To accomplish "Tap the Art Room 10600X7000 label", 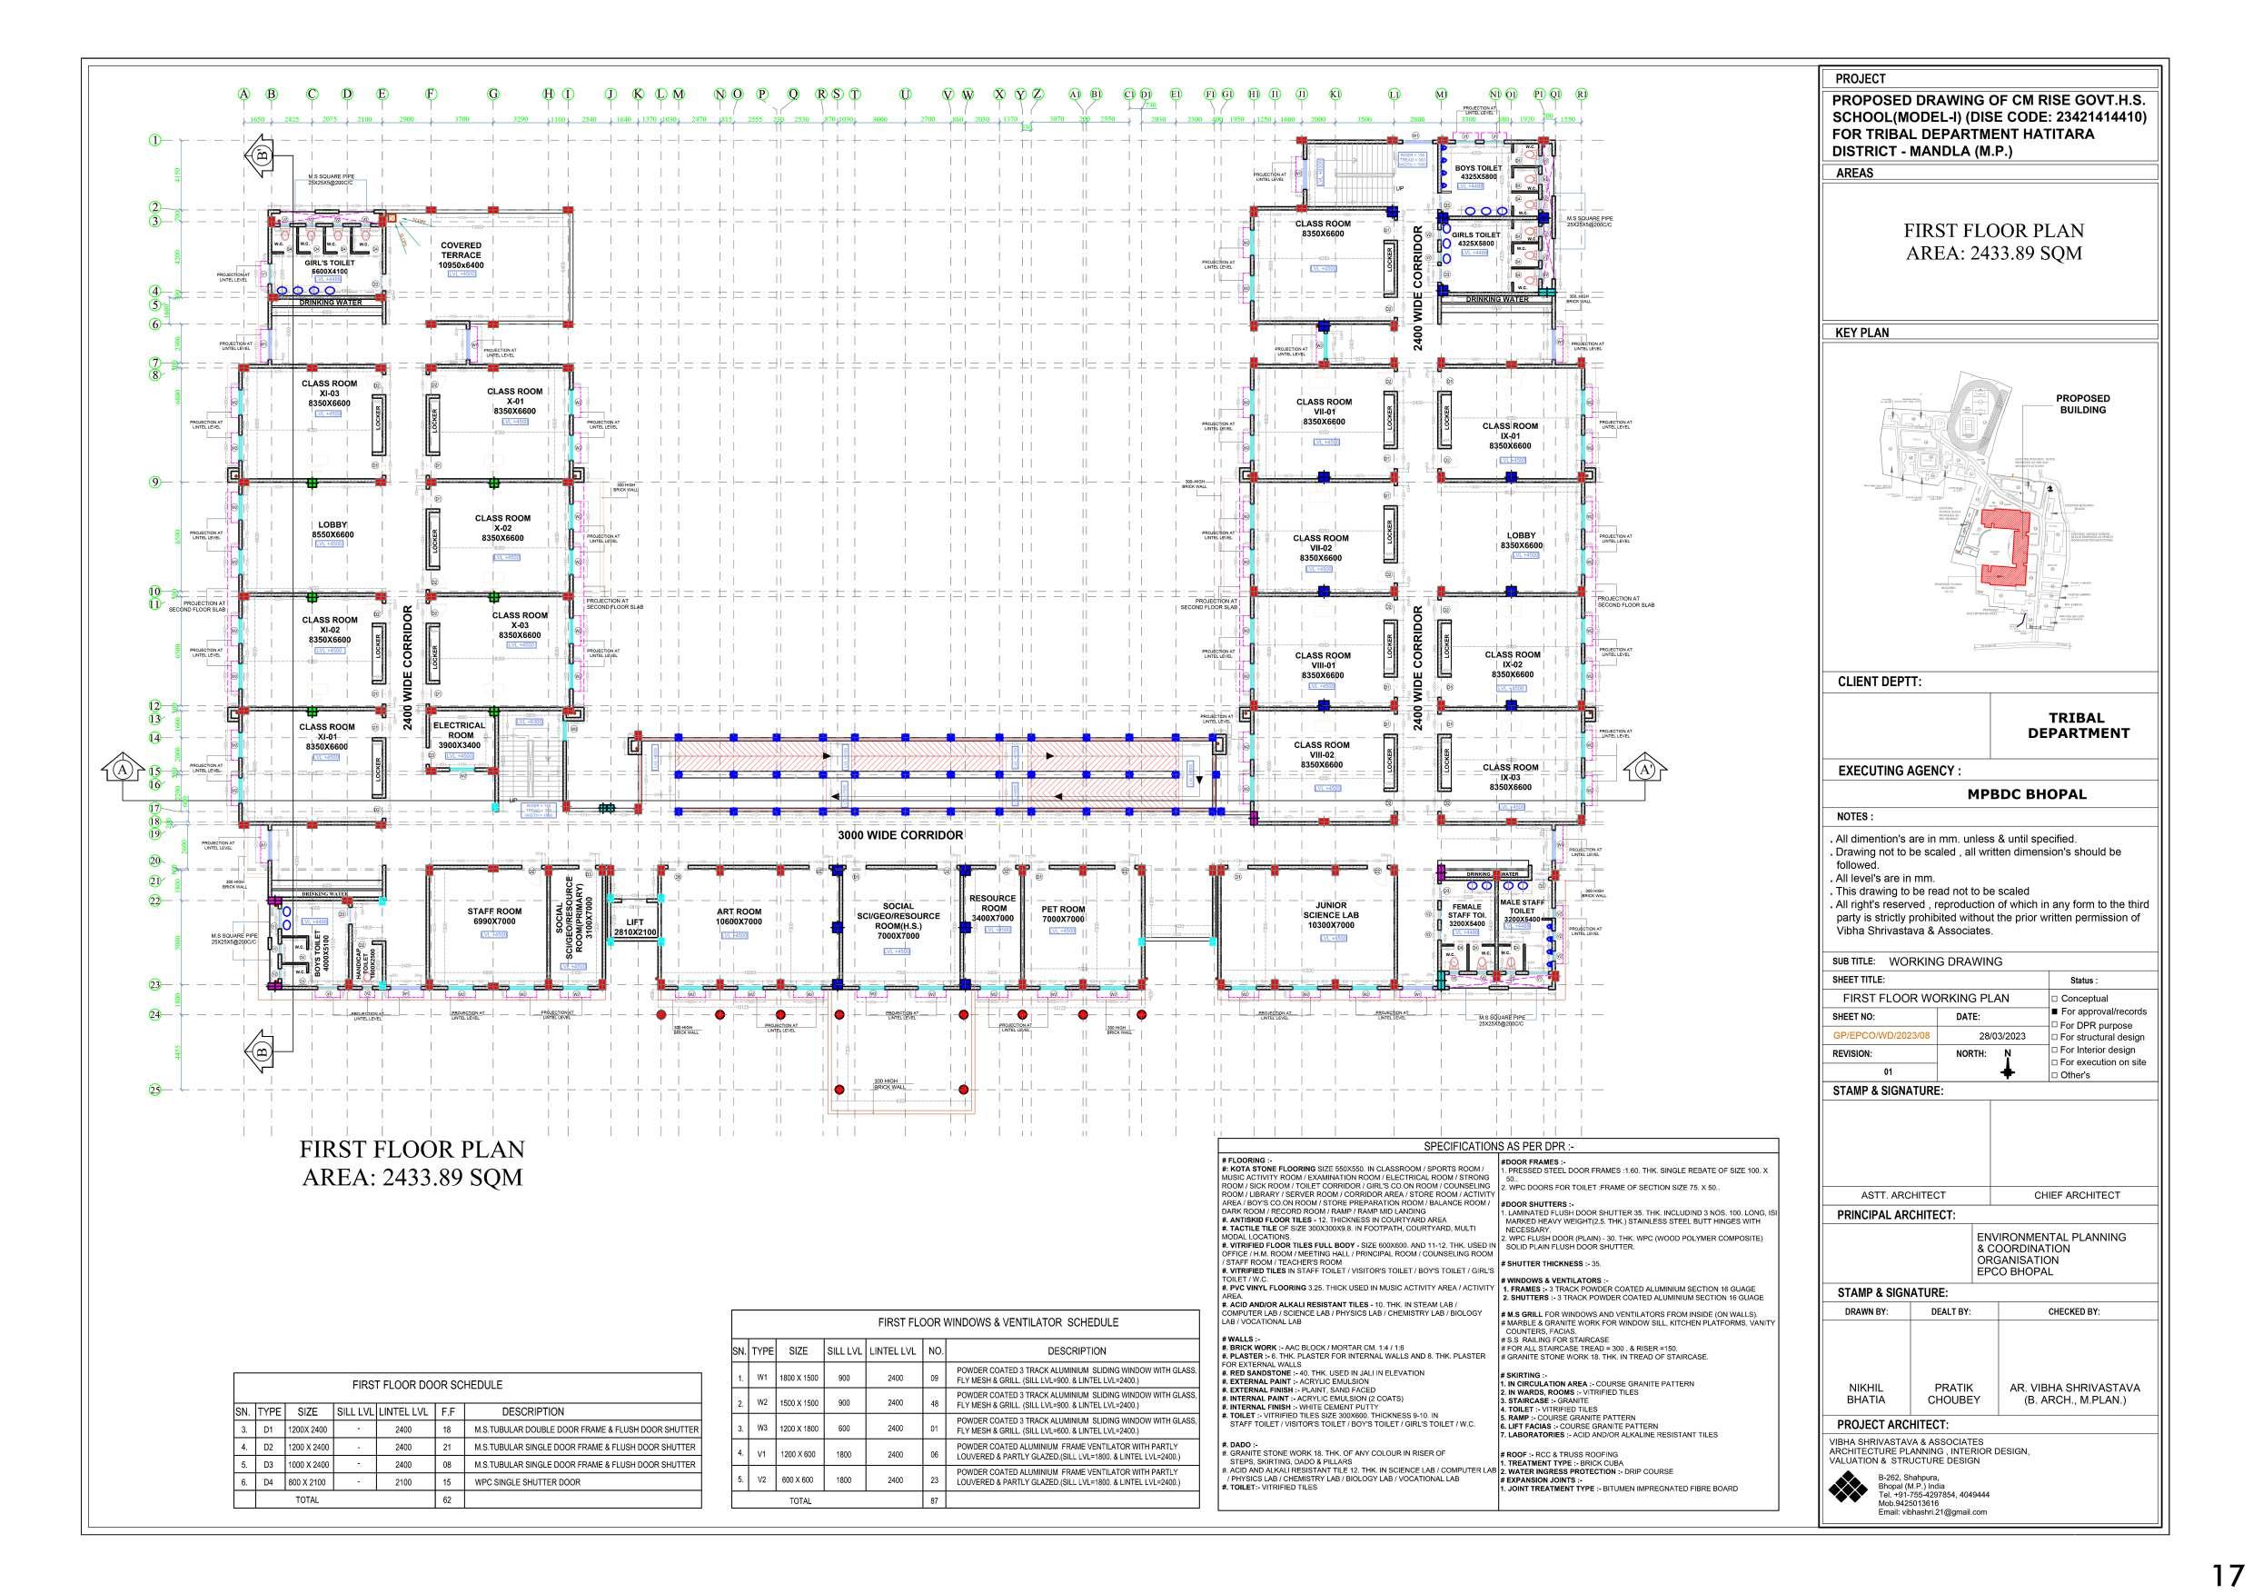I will pyautogui.click(x=739, y=917).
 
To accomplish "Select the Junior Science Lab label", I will pyautogui.click(x=1331, y=915).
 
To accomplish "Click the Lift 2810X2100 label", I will pyautogui.click(x=635, y=928).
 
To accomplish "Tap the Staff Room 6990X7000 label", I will pyautogui.click(x=494, y=917).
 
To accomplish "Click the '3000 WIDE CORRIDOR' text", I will pyautogui.click(x=899, y=835).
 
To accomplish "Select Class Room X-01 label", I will pyautogui.click(x=514, y=401).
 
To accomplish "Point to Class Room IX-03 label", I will pyautogui.click(x=1510, y=777).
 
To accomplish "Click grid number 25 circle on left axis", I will pyautogui.click(x=155, y=1090).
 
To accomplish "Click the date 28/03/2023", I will pyautogui.click(x=2001, y=1035).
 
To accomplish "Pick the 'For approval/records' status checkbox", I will pyautogui.click(x=2054, y=1011).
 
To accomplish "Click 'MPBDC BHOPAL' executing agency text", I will pyautogui.click(x=2026, y=794).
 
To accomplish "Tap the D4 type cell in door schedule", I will pyautogui.click(x=268, y=1482).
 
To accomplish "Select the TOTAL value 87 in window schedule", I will pyautogui.click(x=934, y=1500).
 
